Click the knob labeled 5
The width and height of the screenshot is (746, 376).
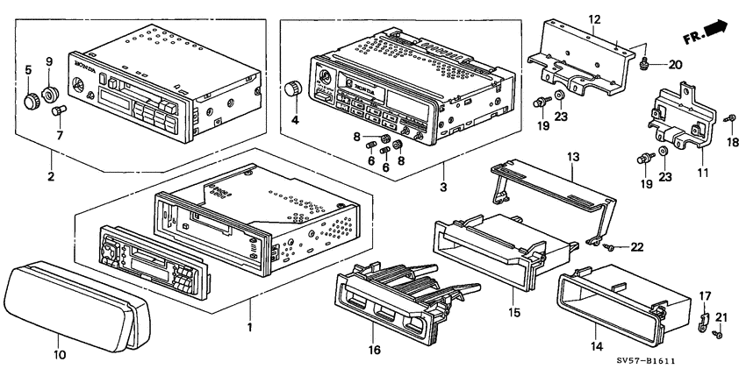point(32,99)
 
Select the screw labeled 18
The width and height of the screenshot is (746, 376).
point(728,118)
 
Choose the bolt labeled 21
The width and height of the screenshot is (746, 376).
point(719,334)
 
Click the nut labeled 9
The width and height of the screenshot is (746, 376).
point(49,90)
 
